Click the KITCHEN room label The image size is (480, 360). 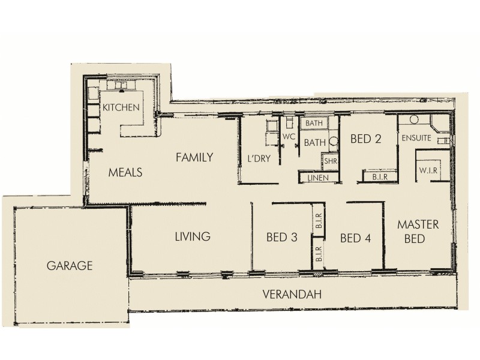(x=121, y=107)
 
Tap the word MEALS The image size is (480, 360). (x=125, y=173)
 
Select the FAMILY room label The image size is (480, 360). (x=194, y=158)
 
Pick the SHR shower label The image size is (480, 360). (x=330, y=161)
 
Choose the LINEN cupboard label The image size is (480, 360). (x=317, y=178)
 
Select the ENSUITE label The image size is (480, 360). (x=416, y=137)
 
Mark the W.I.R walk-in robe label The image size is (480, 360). (x=429, y=171)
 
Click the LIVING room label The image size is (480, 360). (x=192, y=236)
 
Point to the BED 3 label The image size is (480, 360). (x=282, y=238)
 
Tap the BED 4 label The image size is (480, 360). (x=355, y=238)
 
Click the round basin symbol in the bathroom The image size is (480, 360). (x=333, y=143)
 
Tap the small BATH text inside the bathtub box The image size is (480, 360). (x=314, y=123)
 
